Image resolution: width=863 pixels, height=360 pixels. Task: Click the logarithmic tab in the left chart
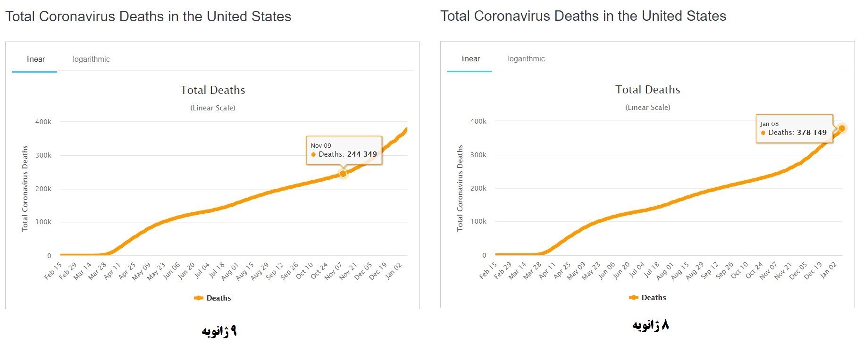click(91, 59)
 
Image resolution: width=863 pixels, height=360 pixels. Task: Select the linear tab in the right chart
click(470, 59)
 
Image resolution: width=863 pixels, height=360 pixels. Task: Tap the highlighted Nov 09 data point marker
click(343, 174)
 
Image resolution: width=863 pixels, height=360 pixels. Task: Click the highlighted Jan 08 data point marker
click(841, 128)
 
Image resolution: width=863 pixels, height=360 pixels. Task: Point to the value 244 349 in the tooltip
click(362, 154)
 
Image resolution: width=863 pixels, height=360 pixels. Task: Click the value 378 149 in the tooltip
click(812, 133)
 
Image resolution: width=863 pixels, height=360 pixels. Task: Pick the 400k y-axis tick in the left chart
click(43, 122)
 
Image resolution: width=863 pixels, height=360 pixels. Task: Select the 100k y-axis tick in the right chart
click(478, 221)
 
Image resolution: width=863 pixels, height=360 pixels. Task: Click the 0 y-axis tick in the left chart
click(49, 256)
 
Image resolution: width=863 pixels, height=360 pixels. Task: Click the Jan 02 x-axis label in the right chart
click(829, 270)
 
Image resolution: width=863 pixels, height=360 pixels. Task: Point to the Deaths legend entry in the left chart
click(213, 298)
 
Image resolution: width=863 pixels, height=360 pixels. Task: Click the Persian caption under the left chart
click(219, 331)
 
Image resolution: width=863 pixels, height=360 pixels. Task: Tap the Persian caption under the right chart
click(651, 325)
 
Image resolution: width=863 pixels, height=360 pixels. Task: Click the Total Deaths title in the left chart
click(213, 90)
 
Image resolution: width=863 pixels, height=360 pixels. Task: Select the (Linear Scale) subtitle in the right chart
click(648, 108)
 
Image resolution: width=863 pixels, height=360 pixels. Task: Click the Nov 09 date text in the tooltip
click(321, 146)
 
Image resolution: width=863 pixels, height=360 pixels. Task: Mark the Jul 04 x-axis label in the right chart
click(637, 270)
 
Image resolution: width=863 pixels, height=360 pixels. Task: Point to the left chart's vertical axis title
click(25, 189)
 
